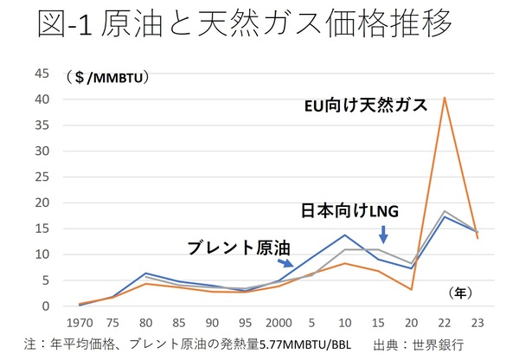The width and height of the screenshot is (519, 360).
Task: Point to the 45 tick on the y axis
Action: click(x=42, y=73)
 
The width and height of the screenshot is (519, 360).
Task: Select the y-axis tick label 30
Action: click(x=42, y=151)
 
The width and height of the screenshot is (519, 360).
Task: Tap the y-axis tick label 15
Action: click(x=42, y=228)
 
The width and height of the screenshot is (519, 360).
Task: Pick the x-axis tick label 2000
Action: click(x=277, y=320)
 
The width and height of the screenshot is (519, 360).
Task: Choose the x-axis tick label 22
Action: click(x=445, y=320)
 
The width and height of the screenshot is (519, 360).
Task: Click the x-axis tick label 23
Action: click(x=477, y=320)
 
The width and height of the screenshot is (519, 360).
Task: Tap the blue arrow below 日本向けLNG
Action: click(x=383, y=234)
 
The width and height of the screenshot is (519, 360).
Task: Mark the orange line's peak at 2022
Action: click(x=445, y=97)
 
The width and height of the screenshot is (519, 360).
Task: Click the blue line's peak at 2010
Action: click(x=346, y=235)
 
